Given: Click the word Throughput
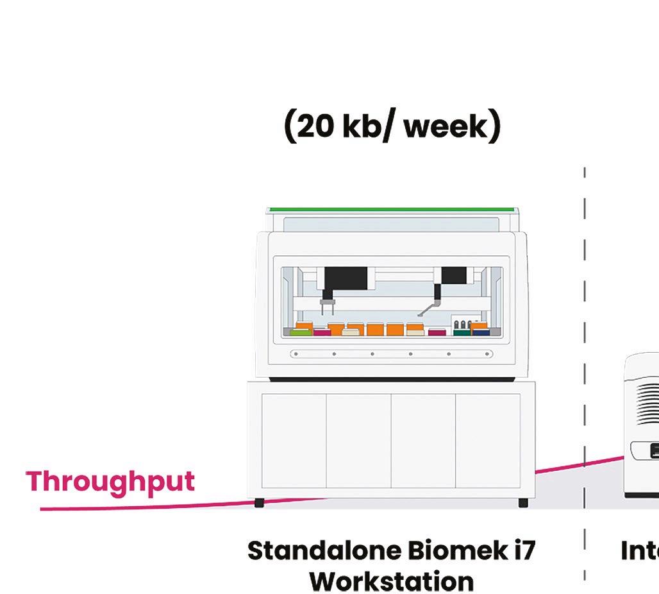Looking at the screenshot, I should (x=110, y=482).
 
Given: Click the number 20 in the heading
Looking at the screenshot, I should (x=315, y=127).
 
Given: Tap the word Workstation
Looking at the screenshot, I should (x=392, y=581).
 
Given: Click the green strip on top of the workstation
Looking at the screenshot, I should (x=391, y=210).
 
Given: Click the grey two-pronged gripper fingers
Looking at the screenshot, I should (x=328, y=308).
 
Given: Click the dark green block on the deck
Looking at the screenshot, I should (x=462, y=332).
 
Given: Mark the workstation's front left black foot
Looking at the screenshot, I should (x=259, y=503).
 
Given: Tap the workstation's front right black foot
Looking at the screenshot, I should (x=523, y=503).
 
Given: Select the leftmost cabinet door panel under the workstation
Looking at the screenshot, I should (x=294, y=441).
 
